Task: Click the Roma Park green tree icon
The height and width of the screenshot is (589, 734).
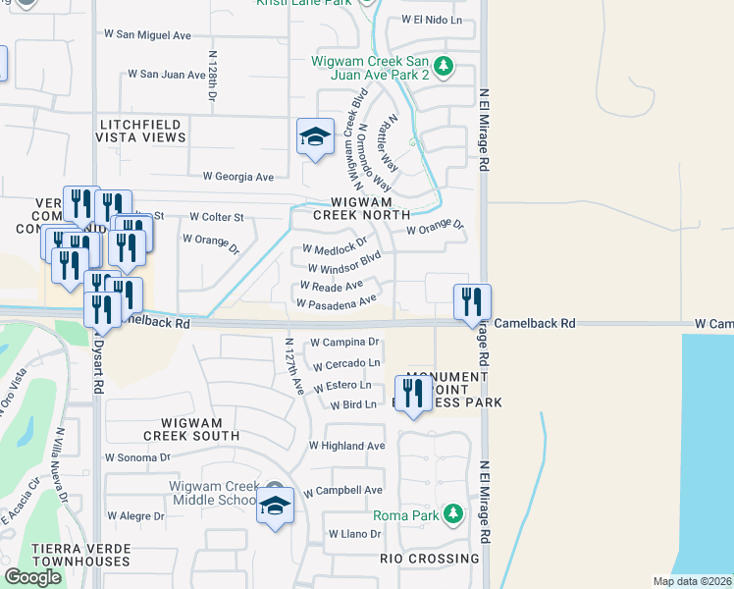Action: tap(452, 514)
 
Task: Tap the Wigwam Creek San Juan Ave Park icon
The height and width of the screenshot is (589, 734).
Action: tap(445, 67)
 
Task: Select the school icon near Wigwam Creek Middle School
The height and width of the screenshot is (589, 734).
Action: tap(276, 507)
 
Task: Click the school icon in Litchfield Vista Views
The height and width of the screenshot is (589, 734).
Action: tap(316, 136)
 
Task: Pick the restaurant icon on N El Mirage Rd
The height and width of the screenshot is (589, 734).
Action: tap(472, 301)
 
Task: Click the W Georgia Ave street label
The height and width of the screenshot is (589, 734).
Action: tap(237, 177)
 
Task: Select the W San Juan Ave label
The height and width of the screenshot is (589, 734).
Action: tap(166, 74)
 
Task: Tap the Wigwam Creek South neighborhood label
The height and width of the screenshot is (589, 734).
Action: tap(190, 428)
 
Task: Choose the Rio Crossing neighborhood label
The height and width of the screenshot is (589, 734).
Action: tap(429, 559)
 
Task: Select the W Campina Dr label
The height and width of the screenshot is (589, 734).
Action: tap(344, 343)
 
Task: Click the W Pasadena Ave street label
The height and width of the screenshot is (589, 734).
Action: tap(336, 303)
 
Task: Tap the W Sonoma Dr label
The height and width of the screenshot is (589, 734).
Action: tap(136, 457)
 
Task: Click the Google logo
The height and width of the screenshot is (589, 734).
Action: tap(33, 577)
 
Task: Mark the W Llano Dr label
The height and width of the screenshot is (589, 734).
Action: tap(354, 534)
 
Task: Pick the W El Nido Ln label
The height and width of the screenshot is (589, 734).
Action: tap(432, 20)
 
